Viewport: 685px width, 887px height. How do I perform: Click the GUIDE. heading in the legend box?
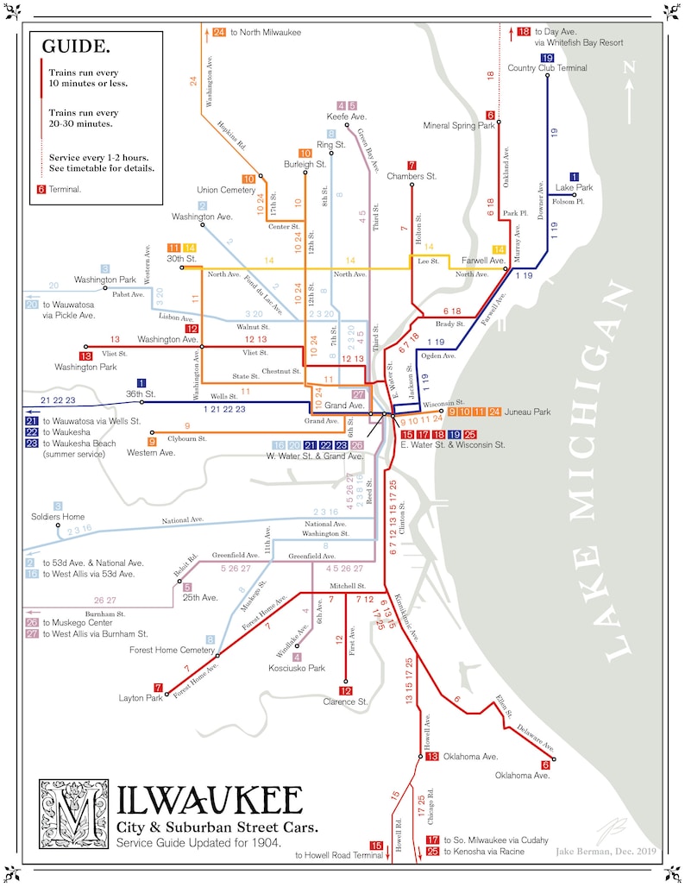point(76,47)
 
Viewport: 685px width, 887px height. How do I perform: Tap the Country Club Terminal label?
point(547,68)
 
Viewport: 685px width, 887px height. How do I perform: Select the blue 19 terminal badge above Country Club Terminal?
point(547,57)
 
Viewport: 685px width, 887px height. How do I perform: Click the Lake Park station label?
point(574,187)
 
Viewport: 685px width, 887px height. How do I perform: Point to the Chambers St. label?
point(412,176)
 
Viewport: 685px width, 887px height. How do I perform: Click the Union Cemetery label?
point(226,190)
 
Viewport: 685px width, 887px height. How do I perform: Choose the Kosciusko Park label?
point(297,668)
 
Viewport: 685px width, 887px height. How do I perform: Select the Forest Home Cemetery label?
point(166,650)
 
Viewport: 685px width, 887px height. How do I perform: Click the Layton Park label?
point(140,698)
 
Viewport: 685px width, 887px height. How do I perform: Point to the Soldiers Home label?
point(58,517)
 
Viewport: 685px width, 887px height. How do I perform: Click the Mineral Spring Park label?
point(459,125)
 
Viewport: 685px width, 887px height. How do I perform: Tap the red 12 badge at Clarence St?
point(345,690)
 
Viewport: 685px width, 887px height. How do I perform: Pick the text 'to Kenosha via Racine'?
point(487,852)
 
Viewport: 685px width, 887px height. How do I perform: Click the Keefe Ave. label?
point(346,116)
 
